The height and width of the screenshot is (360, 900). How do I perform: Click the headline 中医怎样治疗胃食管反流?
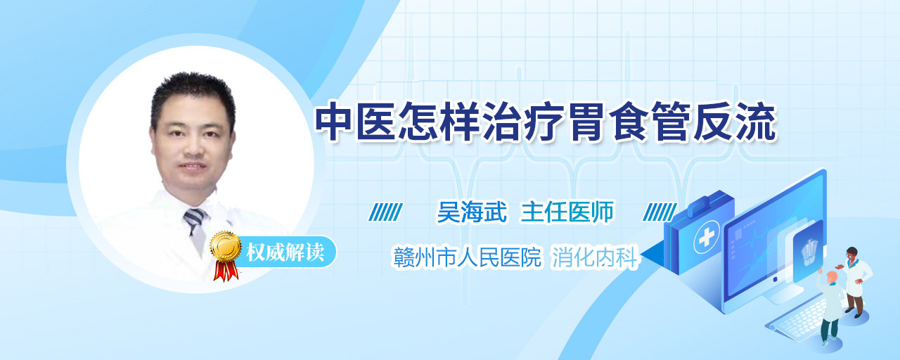[x=546, y=122]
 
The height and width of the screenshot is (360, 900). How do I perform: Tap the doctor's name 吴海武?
[x=472, y=212]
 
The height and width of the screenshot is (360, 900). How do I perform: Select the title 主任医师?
[x=567, y=212]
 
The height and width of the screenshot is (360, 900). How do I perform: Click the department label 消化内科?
[x=595, y=257]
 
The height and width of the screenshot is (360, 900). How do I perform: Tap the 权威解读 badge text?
[x=285, y=252]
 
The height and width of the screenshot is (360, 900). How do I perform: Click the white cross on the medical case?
[x=707, y=238]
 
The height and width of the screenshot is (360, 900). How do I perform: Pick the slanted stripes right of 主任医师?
[x=660, y=212]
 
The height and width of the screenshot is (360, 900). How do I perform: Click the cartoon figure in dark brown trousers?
[x=854, y=281]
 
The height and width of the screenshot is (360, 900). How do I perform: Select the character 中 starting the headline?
[x=334, y=122]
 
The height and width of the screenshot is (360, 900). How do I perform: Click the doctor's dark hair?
[x=192, y=94]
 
